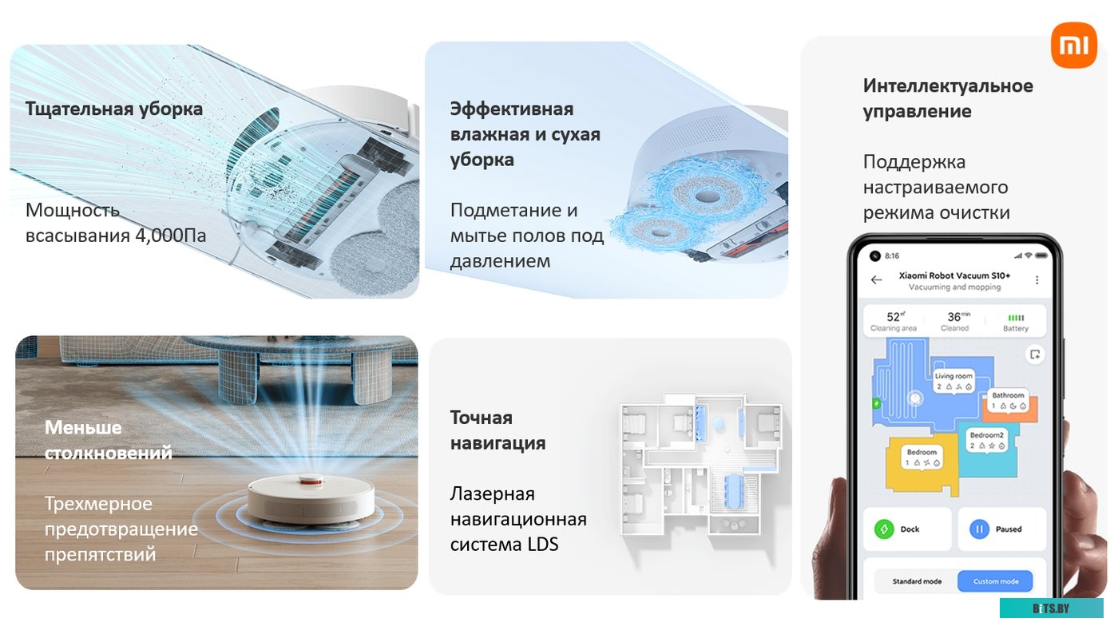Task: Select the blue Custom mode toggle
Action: click(x=995, y=581)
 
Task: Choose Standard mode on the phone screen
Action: click(x=916, y=581)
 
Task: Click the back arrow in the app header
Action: click(x=877, y=280)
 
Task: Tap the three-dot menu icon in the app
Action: click(x=1037, y=280)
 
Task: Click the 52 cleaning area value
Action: click(x=894, y=317)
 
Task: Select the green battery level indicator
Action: click(x=1016, y=317)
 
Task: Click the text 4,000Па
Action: click(x=171, y=236)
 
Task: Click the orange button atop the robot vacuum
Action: click(x=311, y=481)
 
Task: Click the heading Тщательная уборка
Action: click(x=114, y=109)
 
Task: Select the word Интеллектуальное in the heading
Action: click(x=948, y=85)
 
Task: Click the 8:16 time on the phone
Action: click(x=892, y=256)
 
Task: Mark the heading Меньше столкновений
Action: click(x=109, y=440)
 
